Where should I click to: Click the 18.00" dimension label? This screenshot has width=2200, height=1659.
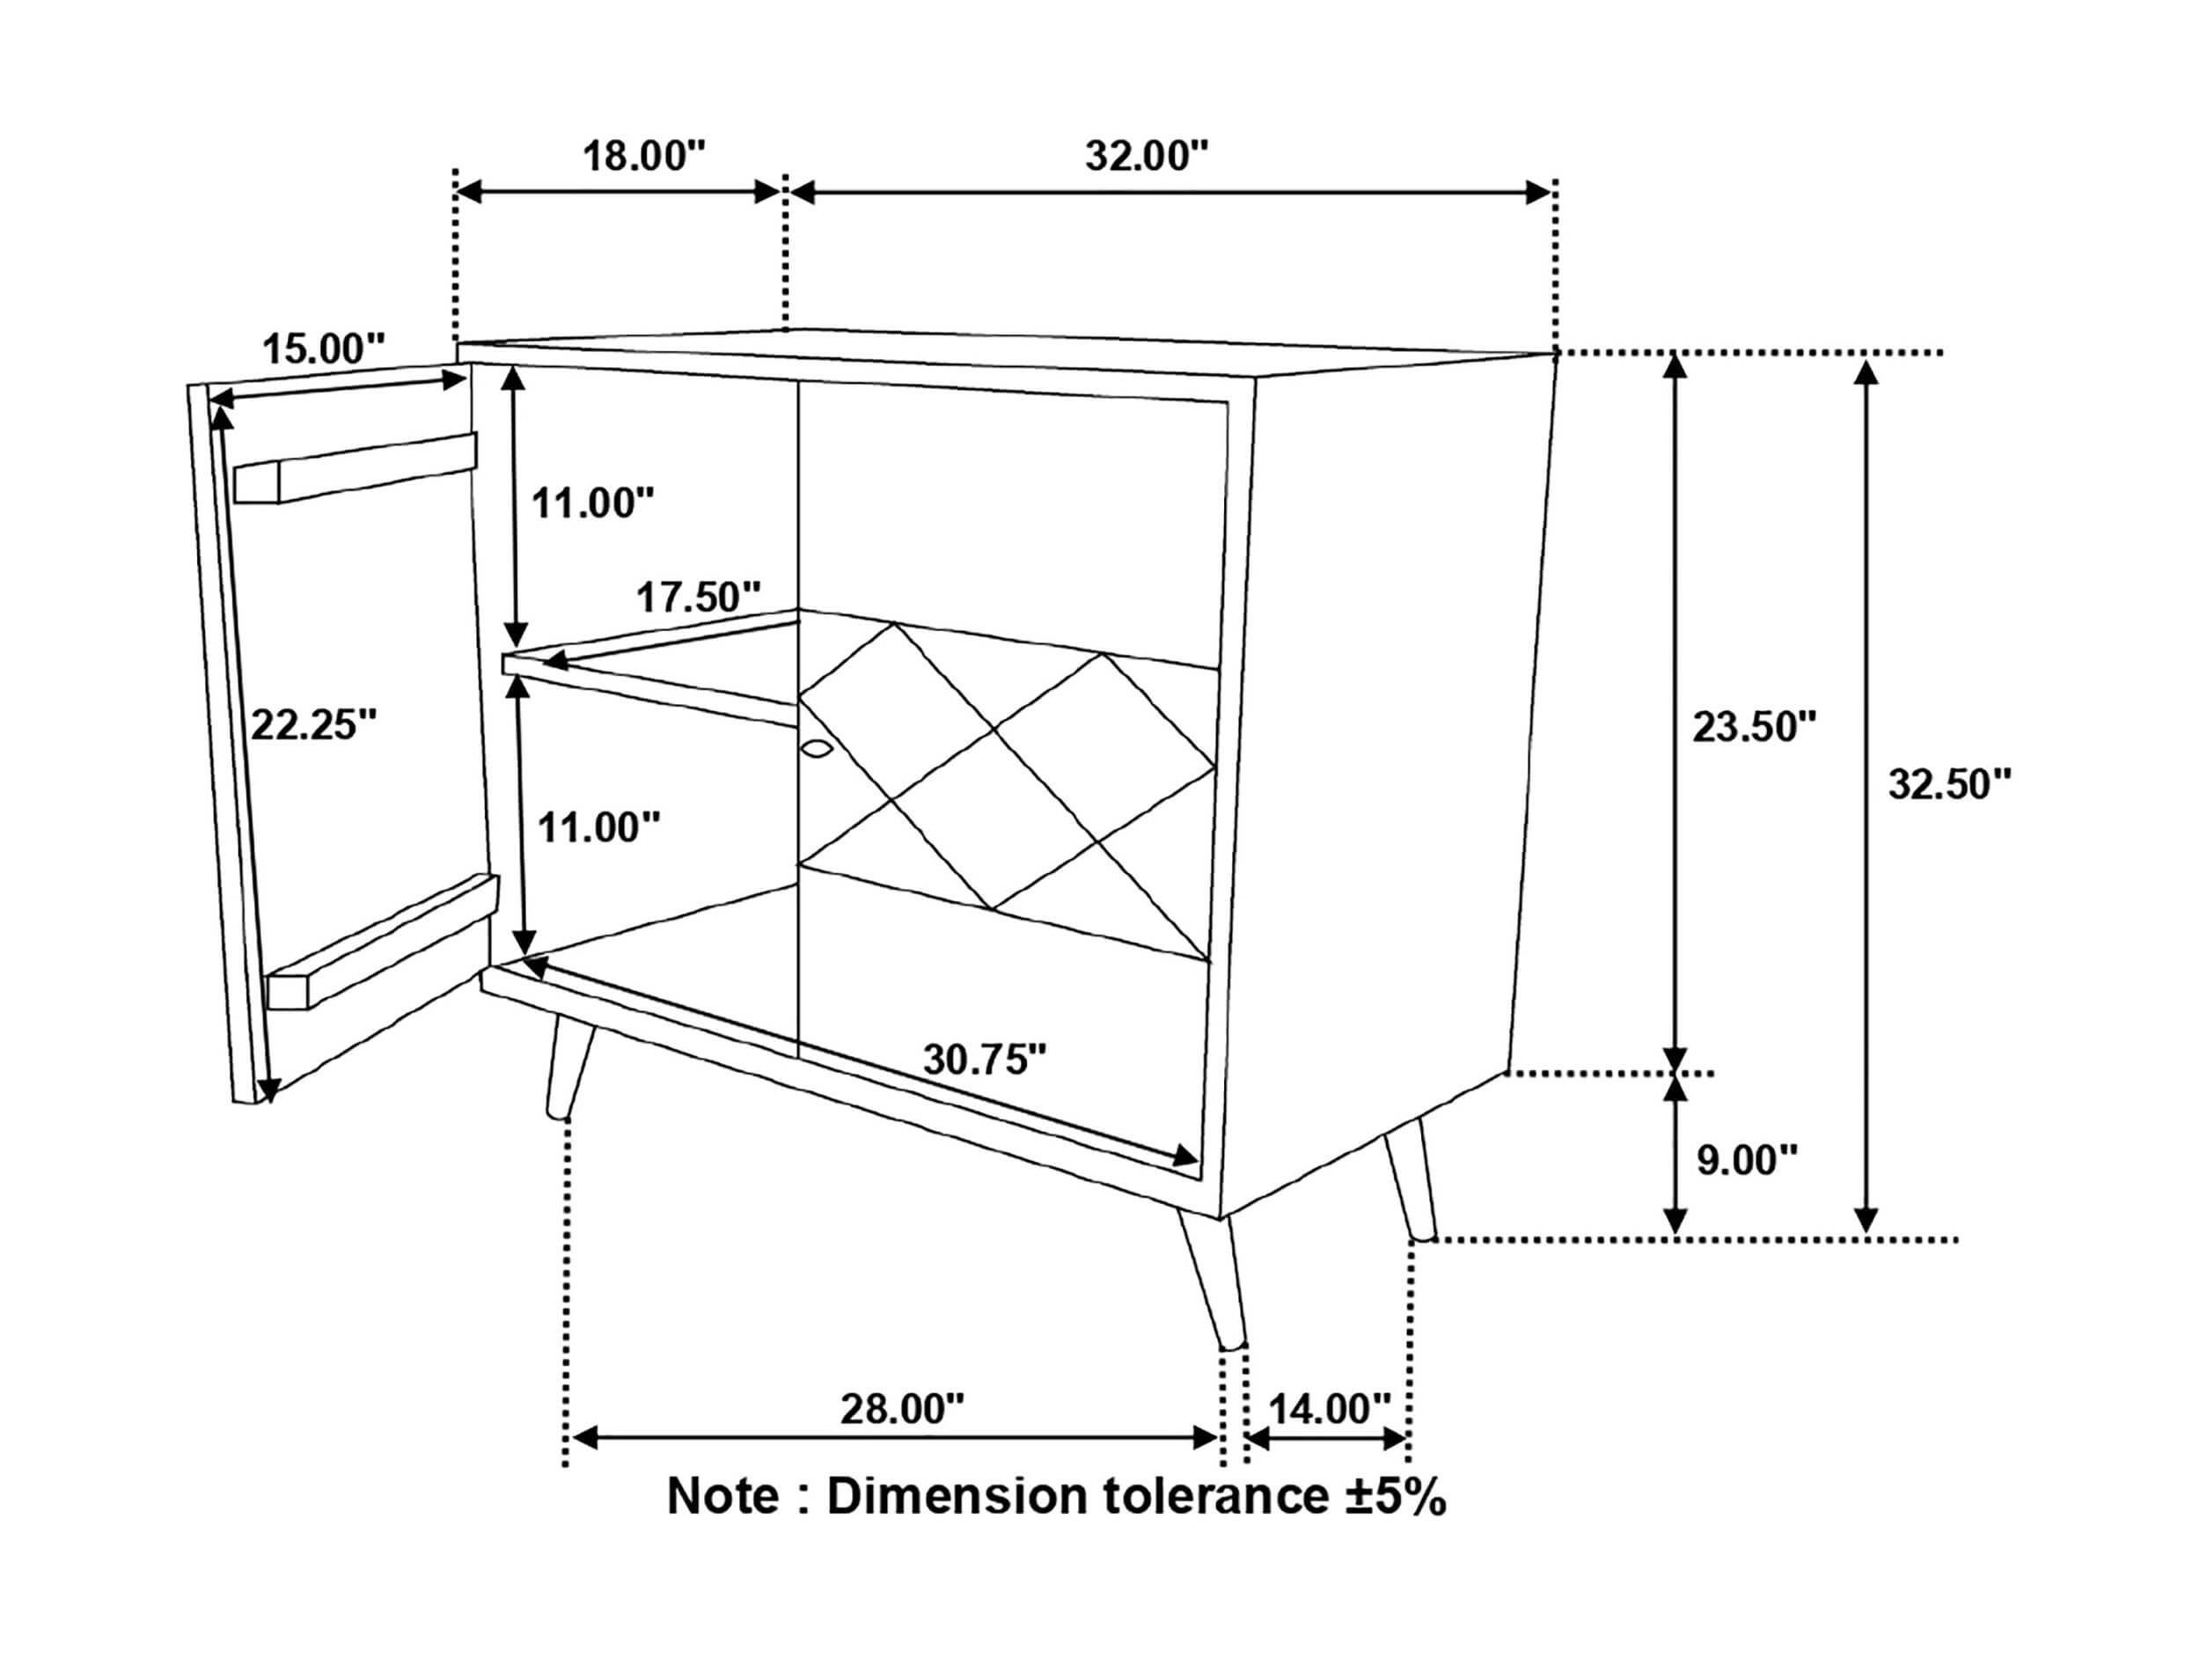(643, 156)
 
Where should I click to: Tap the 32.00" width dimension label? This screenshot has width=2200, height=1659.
(1147, 156)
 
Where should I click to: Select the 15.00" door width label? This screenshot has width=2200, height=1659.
(323, 349)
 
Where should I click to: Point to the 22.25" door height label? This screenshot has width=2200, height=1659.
(314, 725)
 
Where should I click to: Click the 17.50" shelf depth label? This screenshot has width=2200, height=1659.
(698, 597)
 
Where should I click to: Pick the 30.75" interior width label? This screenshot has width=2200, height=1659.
(986, 1060)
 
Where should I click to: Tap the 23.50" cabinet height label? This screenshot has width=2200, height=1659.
(1756, 727)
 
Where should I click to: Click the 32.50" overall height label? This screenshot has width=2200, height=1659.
(1950, 785)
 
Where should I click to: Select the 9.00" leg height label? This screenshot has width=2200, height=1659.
(1748, 1161)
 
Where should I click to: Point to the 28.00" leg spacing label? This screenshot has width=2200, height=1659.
(903, 1409)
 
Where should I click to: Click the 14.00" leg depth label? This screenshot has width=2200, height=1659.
(1330, 1409)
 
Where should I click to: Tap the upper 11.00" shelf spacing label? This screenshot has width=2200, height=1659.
(594, 503)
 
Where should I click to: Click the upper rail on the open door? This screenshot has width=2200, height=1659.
(355, 467)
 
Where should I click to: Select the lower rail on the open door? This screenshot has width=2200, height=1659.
(382, 941)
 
